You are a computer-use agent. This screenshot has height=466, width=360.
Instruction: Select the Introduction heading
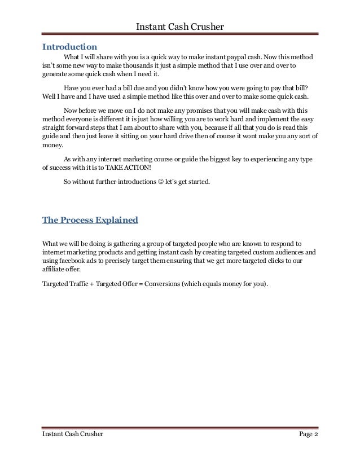click(x=70, y=45)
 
